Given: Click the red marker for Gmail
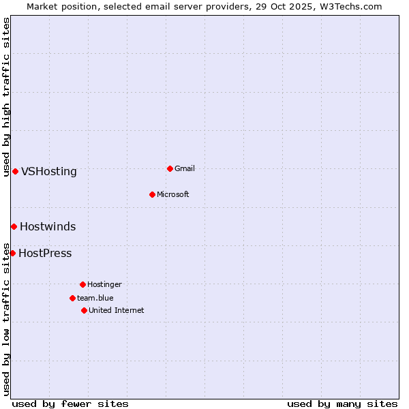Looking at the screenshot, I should click(x=170, y=168).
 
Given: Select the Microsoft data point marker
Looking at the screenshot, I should click(x=152, y=194).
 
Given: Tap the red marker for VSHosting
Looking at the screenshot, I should click(x=15, y=171).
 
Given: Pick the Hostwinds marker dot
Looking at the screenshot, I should click(x=14, y=226).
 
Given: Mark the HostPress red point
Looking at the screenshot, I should click(x=12, y=253).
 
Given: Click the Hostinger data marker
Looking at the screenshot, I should click(x=82, y=284).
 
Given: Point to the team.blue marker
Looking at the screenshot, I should click(x=72, y=298).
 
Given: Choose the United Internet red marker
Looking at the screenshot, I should click(x=84, y=310).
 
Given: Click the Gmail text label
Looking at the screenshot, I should click(x=185, y=168).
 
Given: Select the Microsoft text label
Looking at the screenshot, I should click(x=173, y=194).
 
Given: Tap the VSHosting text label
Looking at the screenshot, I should click(x=49, y=172).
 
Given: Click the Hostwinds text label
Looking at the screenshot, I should click(x=48, y=227).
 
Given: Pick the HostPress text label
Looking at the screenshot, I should click(x=45, y=254).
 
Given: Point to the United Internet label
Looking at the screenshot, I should click(x=117, y=310).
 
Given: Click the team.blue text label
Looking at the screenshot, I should click(x=95, y=298).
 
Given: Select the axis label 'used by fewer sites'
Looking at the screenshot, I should click(x=70, y=404).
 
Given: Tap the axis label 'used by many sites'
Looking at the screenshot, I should click(x=342, y=404).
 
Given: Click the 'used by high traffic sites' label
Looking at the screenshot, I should click(x=7, y=97).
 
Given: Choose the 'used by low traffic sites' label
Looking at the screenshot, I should click(x=7, y=319).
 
